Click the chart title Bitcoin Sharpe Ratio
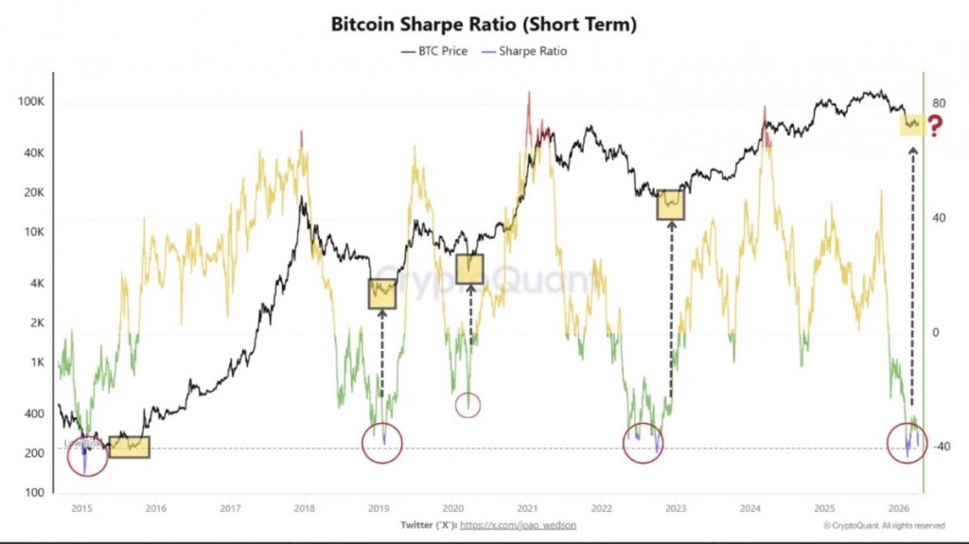coord(484,25)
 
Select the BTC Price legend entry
coord(435,51)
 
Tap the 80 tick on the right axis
coord(941,104)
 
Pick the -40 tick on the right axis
coord(943,447)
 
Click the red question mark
coord(936,126)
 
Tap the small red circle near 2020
coord(468,405)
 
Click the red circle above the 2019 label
coord(382,443)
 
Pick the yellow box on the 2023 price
coord(670,204)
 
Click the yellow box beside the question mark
coord(912,123)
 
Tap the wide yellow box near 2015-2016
coord(129,447)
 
